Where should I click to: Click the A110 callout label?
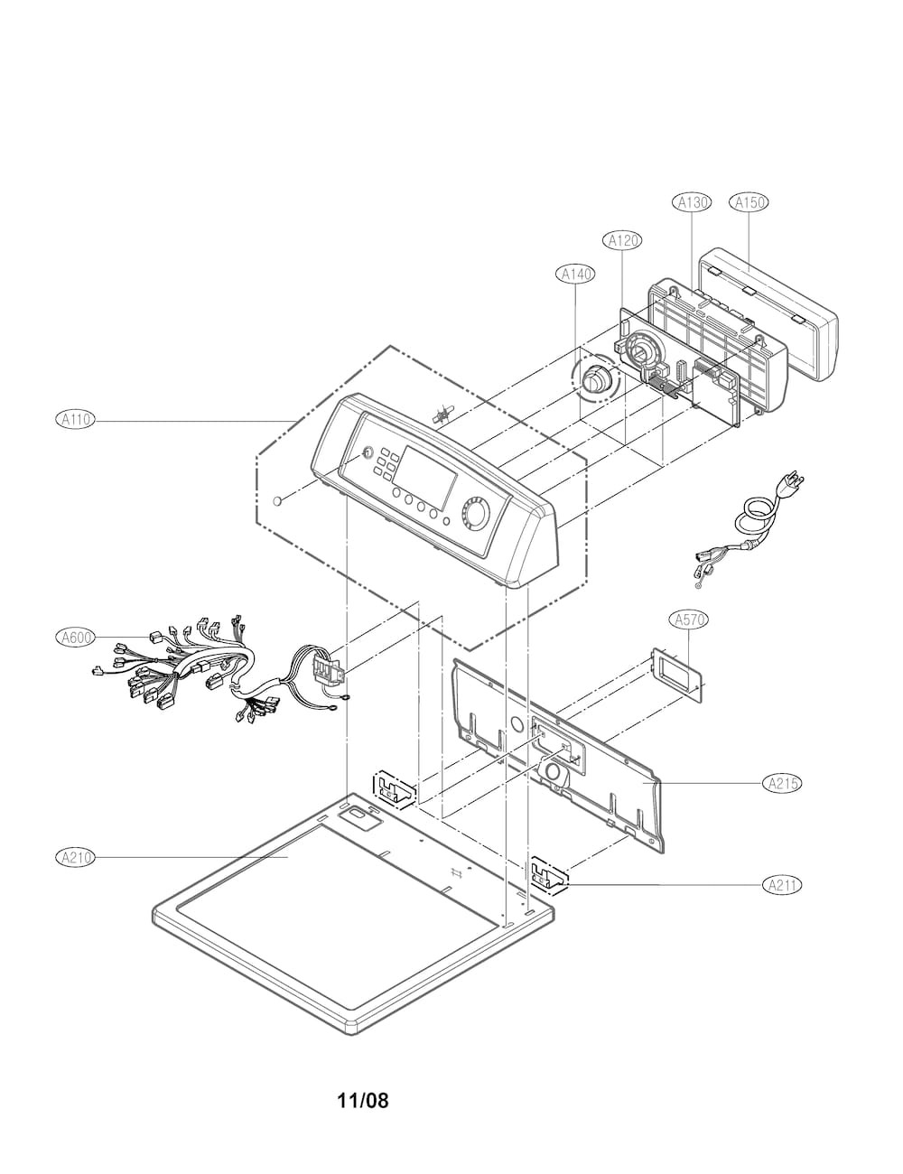tap(75, 419)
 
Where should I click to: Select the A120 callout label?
tap(621, 240)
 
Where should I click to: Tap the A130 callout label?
tap(693, 202)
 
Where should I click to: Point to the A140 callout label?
tap(578, 274)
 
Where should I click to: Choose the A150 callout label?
tap(749, 202)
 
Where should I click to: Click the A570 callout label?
tap(690, 620)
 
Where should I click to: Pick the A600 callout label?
tap(75, 638)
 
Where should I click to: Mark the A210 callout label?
tap(75, 857)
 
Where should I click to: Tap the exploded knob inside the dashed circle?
tap(594, 382)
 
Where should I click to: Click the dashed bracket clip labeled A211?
tap(547, 873)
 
